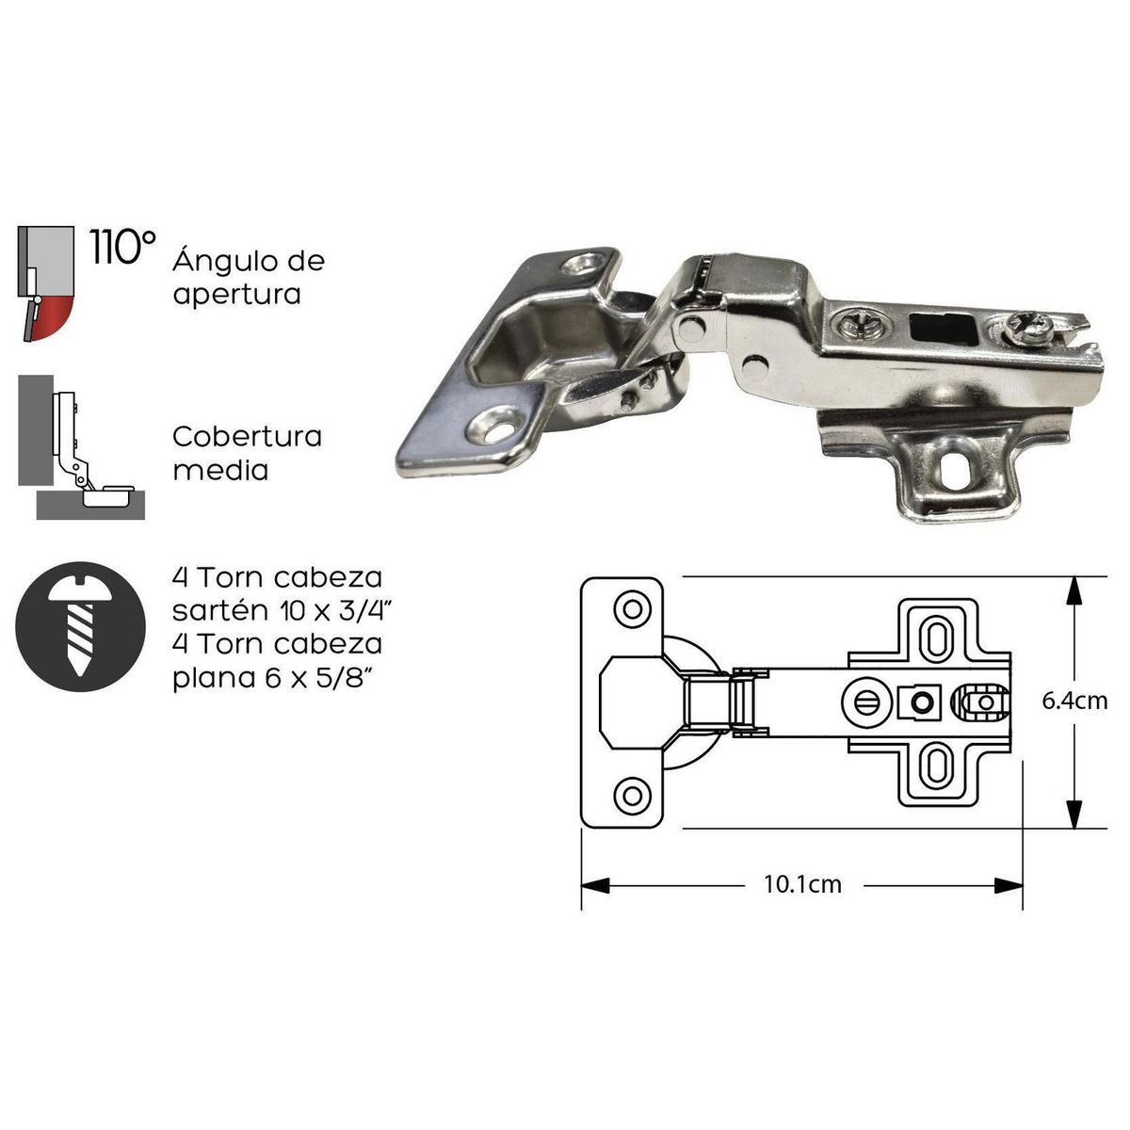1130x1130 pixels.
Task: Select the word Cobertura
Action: click(248, 437)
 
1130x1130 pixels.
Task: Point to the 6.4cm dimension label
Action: click(1074, 702)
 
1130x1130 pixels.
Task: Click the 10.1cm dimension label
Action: click(802, 885)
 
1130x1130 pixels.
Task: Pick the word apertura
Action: click(236, 294)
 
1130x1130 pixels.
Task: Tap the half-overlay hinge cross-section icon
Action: click(81, 447)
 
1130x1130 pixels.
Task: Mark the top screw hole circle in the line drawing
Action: click(632, 608)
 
